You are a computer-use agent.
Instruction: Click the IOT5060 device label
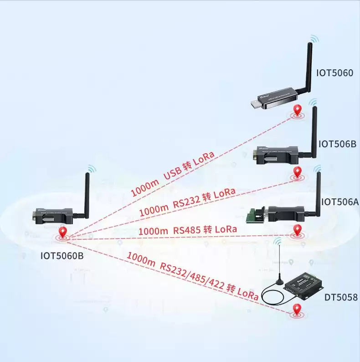pyautogui.click(x=334, y=72)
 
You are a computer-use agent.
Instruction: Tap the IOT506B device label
pyautogui.click(x=337, y=144)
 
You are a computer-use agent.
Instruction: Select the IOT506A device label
pyautogui.click(x=339, y=202)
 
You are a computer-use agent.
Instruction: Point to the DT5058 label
pyautogui.click(x=341, y=297)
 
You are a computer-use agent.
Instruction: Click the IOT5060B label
pyautogui.click(x=62, y=256)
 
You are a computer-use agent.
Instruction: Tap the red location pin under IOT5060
pyautogui.click(x=298, y=110)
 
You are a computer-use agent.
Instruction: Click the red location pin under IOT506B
pyautogui.click(x=298, y=172)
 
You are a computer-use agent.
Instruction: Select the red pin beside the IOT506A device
pyautogui.click(x=298, y=230)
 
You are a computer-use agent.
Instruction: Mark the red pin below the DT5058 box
pyautogui.click(x=298, y=309)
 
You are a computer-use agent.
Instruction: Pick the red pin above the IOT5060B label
pyautogui.click(x=63, y=233)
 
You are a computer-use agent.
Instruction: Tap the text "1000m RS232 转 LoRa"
pyautogui.click(x=187, y=202)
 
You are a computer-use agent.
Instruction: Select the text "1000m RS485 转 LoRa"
pyautogui.click(x=187, y=230)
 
